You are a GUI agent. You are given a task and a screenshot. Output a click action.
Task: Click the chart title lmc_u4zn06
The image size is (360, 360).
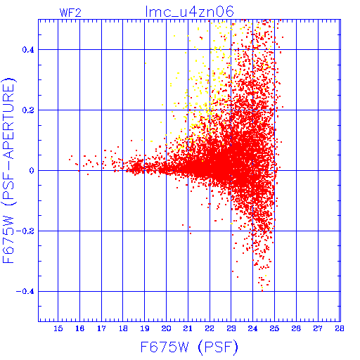coord(190,12)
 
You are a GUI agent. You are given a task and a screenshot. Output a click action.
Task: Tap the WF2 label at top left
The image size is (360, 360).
coord(70,13)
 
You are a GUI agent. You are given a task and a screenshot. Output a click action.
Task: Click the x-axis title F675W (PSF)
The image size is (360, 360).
coord(189,347)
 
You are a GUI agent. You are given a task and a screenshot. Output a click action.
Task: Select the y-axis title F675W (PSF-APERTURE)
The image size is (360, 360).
coord(8,171)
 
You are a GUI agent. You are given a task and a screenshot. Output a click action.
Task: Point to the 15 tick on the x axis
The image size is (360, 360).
coord(58,328)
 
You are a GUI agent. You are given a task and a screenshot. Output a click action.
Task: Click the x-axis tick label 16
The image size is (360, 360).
coord(79,328)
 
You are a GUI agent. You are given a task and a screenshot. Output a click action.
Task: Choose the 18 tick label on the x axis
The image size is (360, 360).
coord(123,328)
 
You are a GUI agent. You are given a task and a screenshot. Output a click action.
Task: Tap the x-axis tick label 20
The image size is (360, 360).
coord(166,328)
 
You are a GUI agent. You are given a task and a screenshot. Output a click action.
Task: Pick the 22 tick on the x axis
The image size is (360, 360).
coord(210,328)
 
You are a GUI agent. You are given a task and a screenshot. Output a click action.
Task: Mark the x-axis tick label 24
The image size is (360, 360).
coord(252,328)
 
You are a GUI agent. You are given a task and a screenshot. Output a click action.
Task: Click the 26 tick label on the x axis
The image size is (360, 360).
coord(296,328)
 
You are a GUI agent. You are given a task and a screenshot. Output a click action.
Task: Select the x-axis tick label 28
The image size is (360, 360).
coord(340,328)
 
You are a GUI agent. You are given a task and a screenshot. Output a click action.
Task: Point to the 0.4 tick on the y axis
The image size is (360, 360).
coord(28,50)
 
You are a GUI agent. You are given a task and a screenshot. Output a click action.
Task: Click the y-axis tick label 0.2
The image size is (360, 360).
coord(28,110)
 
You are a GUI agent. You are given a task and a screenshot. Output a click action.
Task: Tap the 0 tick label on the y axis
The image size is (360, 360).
coord(32,171)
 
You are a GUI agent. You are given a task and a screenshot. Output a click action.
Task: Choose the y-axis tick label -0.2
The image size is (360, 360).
coord(25,231)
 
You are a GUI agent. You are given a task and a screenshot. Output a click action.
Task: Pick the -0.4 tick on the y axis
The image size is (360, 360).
coord(25,292)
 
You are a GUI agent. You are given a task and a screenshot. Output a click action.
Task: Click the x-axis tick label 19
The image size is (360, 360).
coord(145,328)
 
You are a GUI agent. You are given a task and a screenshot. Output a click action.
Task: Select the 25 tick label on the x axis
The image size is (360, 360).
coord(274,328)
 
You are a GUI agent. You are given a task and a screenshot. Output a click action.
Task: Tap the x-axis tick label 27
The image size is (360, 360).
coord(318,328)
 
